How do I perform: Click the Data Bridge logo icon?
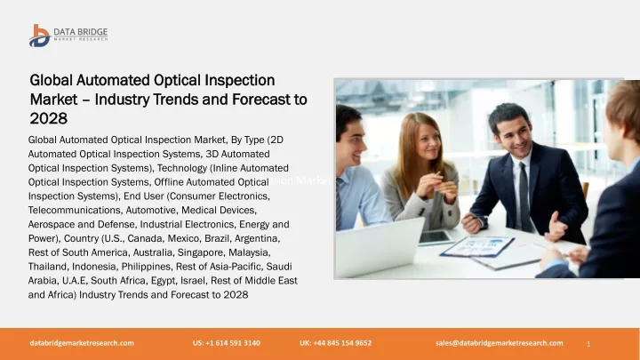click(40, 36)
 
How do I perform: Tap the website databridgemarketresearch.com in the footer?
click(82, 343)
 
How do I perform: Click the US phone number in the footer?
click(227, 343)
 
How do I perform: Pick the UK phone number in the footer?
click(335, 343)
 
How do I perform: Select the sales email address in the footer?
click(500, 343)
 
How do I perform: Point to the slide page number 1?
click(588, 344)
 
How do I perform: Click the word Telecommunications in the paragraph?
click(75, 210)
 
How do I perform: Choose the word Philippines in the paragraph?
click(146, 267)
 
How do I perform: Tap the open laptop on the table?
click(379, 247)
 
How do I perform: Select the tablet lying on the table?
click(435, 238)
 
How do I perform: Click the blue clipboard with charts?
click(476, 247)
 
